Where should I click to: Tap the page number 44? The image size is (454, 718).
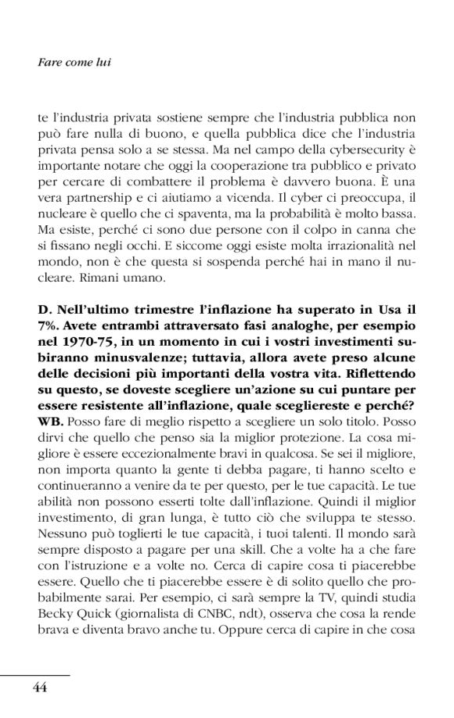coord(40,687)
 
